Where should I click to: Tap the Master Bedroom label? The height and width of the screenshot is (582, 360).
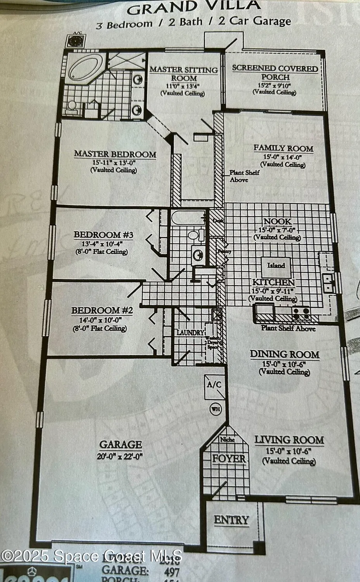click(x=115, y=154)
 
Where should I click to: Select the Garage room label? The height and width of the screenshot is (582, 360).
click(x=120, y=444)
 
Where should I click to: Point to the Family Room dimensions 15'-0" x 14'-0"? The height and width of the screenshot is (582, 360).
click(x=283, y=157)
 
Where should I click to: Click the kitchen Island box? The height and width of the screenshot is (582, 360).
click(x=276, y=266)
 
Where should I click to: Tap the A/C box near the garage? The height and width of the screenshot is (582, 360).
click(x=214, y=385)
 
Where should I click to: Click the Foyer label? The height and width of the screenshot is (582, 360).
click(x=229, y=458)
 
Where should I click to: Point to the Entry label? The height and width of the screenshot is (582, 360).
click(x=231, y=520)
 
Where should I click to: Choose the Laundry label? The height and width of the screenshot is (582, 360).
click(x=190, y=333)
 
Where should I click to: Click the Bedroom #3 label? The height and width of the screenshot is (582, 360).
click(x=104, y=235)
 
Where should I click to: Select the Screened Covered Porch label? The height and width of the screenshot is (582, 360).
click(x=275, y=73)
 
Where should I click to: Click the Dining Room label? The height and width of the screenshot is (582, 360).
click(x=284, y=354)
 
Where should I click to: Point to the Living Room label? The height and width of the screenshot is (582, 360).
click(x=289, y=440)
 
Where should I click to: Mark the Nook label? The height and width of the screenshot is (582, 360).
click(x=277, y=222)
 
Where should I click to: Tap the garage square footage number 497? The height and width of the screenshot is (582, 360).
click(x=171, y=571)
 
